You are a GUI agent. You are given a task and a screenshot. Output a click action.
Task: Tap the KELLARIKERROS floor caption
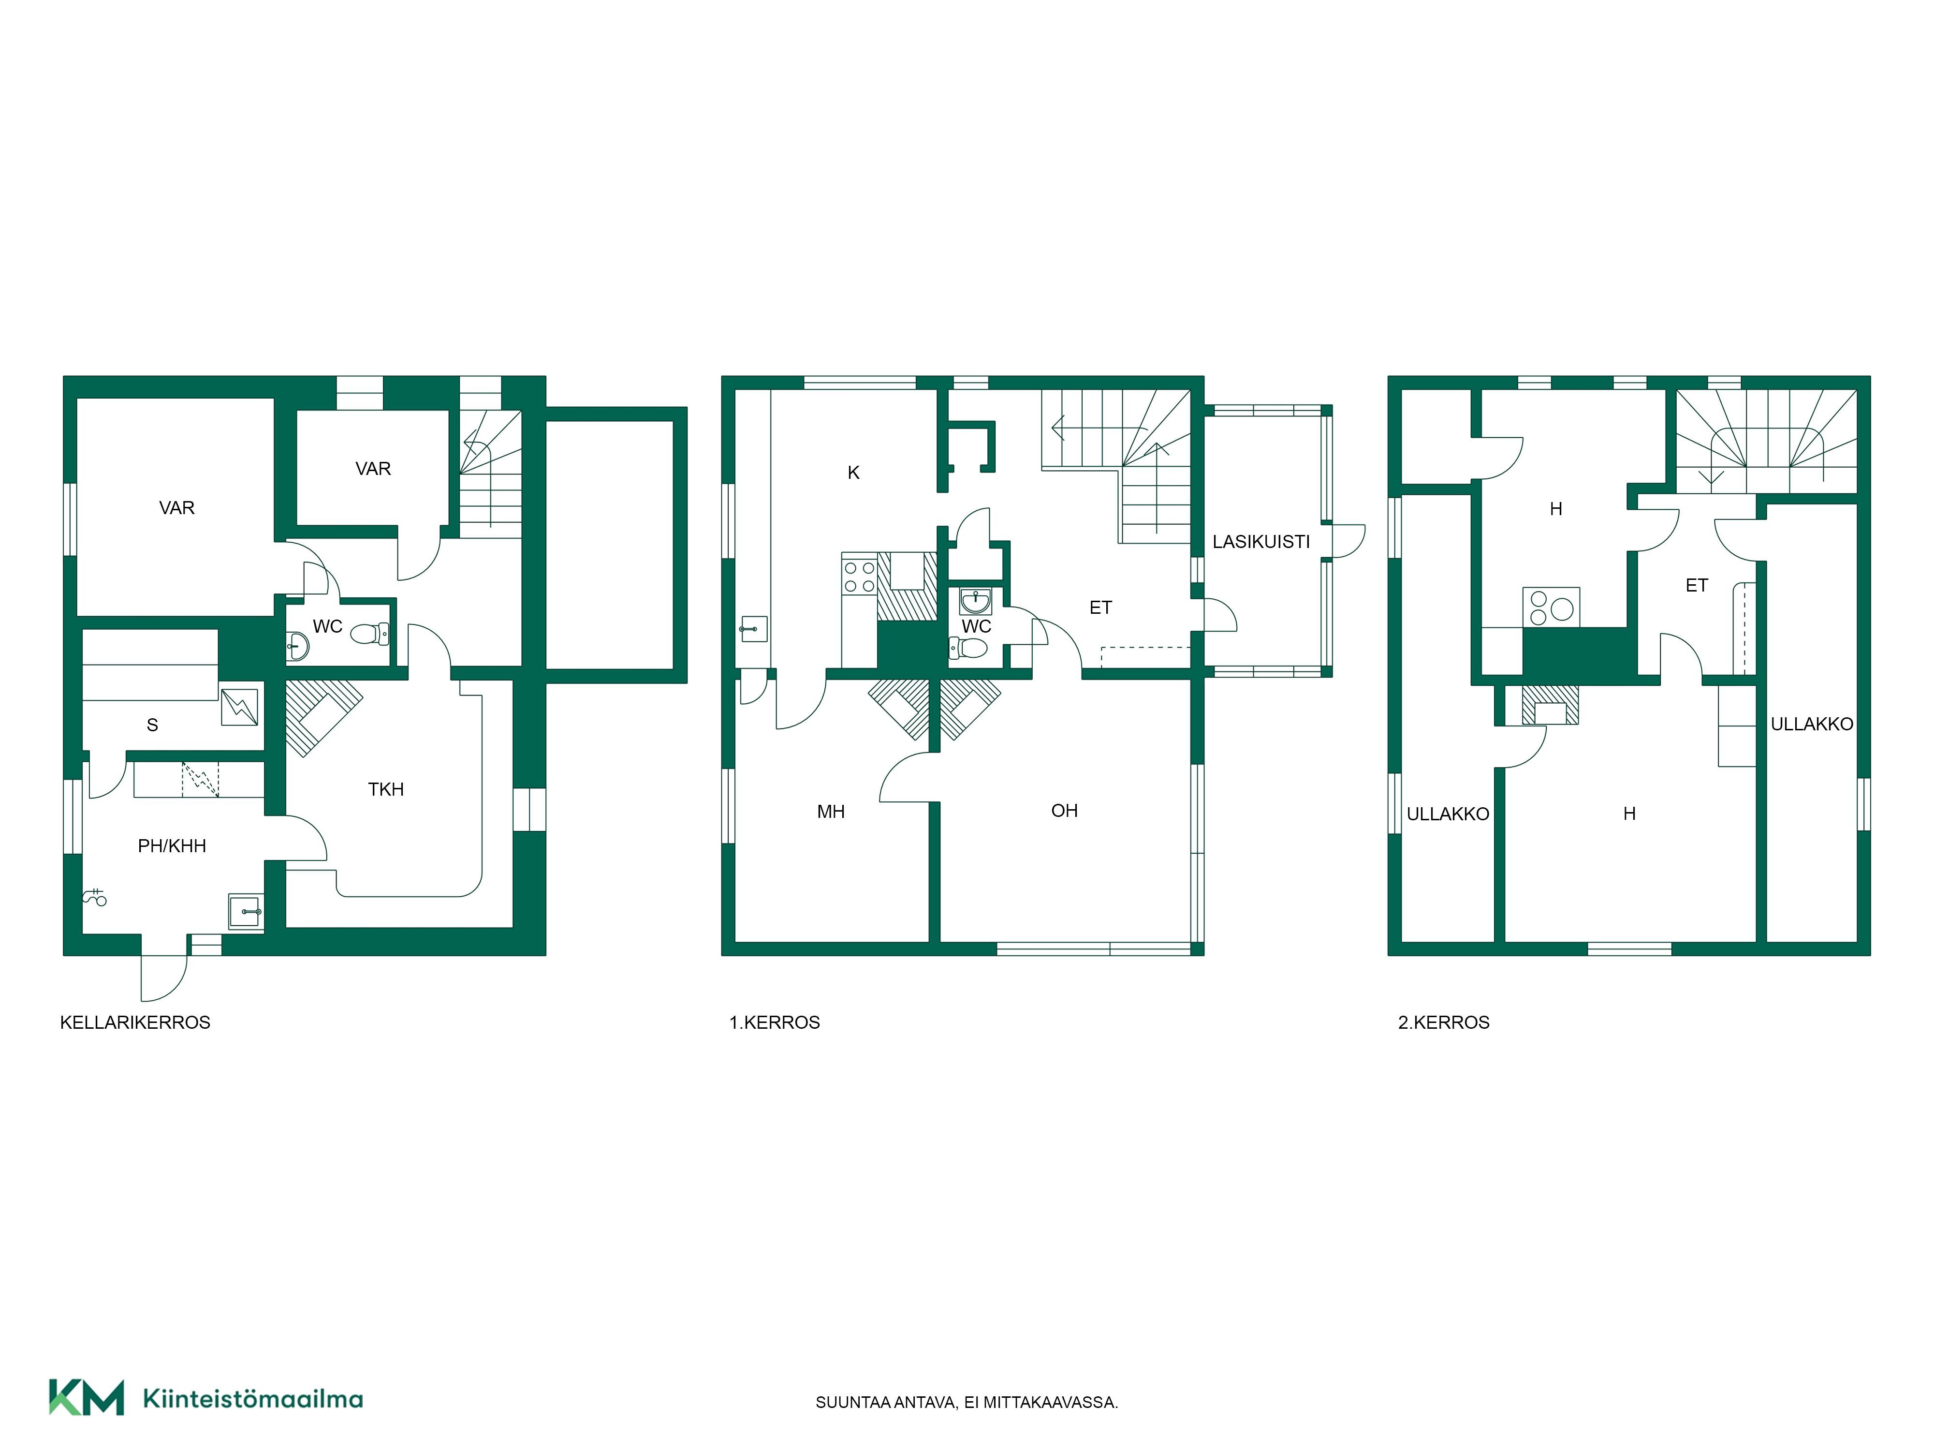tap(135, 1022)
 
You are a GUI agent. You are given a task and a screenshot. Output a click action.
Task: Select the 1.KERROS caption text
tap(775, 1022)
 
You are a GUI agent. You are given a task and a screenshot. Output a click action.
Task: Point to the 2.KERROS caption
tap(1444, 1022)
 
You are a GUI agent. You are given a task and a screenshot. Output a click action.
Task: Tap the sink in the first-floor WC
tap(976, 602)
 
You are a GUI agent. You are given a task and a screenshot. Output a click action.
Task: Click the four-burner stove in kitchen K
tap(859, 577)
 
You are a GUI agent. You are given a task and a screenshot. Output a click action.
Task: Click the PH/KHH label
tap(172, 846)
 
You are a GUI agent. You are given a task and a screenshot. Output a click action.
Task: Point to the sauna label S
tap(152, 725)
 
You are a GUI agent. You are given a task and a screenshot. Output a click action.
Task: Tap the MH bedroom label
tap(831, 812)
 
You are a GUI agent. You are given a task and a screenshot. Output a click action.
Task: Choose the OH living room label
tap(1064, 811)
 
